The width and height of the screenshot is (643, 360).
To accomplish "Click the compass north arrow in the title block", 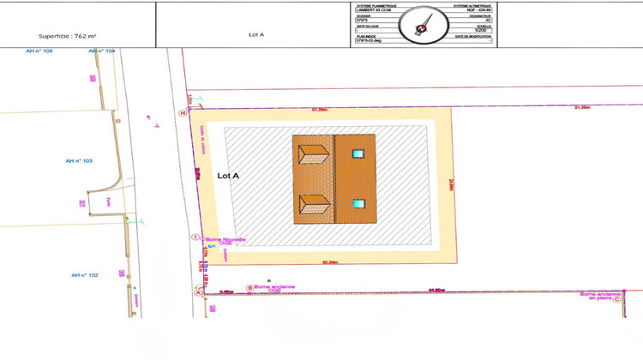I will [x=421, y=23].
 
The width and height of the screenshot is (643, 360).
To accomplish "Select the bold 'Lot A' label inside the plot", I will [x=228, y=176].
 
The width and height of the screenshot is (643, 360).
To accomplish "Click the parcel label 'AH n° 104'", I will [x=101, y=52].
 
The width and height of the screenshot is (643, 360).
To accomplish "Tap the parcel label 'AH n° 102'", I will [x=84, y=275].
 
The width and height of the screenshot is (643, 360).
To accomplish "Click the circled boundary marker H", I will [x=182, y=112].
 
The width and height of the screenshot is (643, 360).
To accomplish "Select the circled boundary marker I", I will [x=195, y=237].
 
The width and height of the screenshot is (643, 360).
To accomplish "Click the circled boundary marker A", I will [x=200, y=291].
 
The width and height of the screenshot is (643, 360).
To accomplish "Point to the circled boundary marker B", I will [x=249, y=288].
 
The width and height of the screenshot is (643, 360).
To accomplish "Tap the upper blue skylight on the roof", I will [x=358, y=154].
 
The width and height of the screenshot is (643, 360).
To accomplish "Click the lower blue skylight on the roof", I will [x=358, y=204].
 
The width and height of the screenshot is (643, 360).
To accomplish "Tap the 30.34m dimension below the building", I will [x=331, y=262].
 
